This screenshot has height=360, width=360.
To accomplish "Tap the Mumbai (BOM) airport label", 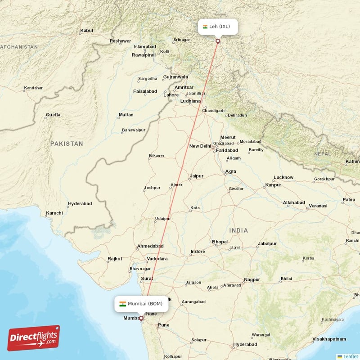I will coord(141,304).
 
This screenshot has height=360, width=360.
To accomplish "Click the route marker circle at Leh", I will coord(218,41).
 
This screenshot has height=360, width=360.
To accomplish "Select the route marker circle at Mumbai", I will coord(141,318).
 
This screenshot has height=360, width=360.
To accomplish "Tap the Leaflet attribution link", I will coord(347,356).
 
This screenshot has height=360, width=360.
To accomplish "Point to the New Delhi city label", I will coord(200,146).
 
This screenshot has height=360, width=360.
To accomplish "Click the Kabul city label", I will coord(86,31).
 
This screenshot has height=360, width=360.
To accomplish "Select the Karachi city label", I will coord(54,212).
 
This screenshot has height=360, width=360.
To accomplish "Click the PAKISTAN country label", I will coord(67,144).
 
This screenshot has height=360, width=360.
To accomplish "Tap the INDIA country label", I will coord(238,230).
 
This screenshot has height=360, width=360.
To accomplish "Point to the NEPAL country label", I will coord(322,154).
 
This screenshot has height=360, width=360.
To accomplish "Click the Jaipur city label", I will coord(197,176).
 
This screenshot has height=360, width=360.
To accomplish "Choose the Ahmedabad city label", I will coord(150,246).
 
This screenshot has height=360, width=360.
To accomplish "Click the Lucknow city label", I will coord(283,177).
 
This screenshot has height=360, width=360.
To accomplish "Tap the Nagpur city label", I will coord(252,280).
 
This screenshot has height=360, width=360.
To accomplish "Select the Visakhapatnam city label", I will coord(329,338).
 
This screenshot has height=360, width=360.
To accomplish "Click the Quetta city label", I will coord(53,115).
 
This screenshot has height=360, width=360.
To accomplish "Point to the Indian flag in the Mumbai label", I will coord(122,304).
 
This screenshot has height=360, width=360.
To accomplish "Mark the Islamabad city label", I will coord(144,47).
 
